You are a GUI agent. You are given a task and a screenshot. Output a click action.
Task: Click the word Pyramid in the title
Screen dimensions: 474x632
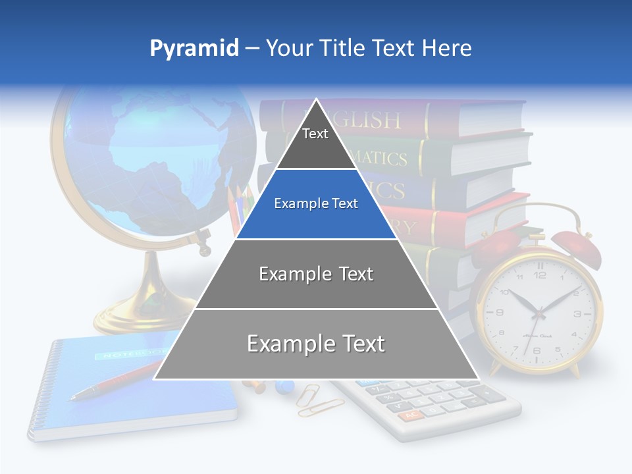coord(194,48)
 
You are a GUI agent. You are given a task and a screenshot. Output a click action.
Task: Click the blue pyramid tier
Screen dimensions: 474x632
coord(315,204)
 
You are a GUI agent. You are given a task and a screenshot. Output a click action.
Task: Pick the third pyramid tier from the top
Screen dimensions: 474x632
coord(316,274)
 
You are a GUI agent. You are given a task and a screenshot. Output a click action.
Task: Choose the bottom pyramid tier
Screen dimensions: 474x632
coord(316,344)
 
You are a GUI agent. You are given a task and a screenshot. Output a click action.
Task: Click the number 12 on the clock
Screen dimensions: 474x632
coord(540,275)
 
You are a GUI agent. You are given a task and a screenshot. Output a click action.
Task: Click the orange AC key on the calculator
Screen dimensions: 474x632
coord(411,415)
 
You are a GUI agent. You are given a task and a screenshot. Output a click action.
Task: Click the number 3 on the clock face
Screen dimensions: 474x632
coord(577,315)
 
